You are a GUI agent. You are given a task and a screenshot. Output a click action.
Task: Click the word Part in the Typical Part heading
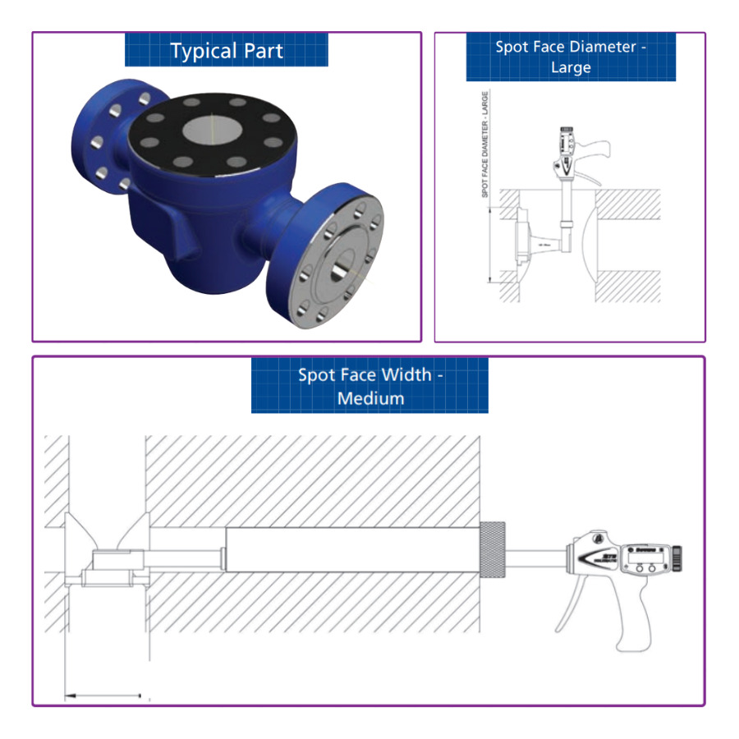point(263,51)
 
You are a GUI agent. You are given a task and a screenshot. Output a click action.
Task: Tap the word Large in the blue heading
point(571,67)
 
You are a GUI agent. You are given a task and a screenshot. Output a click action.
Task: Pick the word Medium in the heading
point(370,398)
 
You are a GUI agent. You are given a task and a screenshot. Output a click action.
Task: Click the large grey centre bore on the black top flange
point(209,130)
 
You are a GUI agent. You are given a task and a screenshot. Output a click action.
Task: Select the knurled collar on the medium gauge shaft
point(492,547)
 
